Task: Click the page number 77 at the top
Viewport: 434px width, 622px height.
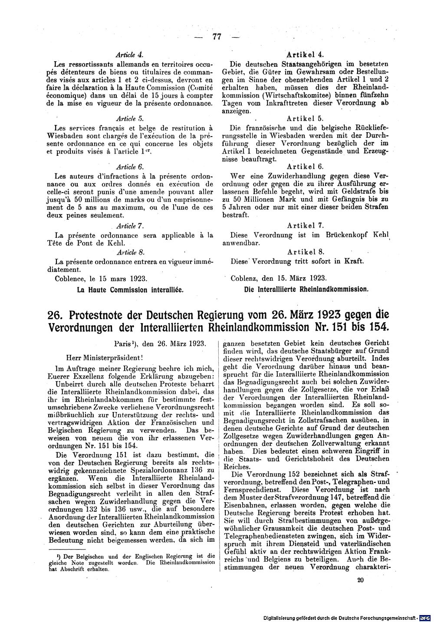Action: coord(217,37)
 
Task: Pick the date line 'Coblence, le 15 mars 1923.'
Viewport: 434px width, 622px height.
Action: coord(102,278)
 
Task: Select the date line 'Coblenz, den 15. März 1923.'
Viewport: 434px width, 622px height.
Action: coord(280,278)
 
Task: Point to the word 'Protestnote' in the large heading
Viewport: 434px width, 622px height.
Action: coord(100,314)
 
